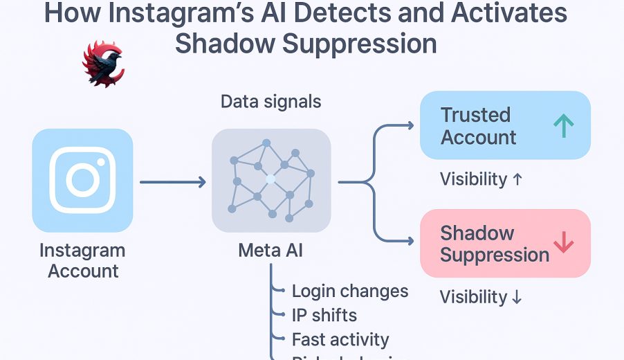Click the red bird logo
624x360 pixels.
[x=102, y=64]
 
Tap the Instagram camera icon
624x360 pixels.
[x=82, y=180]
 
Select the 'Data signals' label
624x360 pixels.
[x=270, y=102]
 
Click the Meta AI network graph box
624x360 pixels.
[x=270, y=180]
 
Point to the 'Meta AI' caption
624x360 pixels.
[x=270, y=251]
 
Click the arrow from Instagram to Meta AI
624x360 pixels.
[x=172, y=182]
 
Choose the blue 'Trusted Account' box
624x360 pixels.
[x=505, y=125]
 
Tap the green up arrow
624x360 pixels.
[x=564, y=125]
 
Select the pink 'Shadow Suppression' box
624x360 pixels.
[x=505, y=244]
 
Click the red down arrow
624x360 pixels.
[x=564, y=242]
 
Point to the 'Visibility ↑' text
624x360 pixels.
[x=481, y=179]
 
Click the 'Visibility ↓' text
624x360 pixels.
[x=481, y=297]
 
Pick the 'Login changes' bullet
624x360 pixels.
[x=350, y=291]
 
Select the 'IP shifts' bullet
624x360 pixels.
[x=324, y=315]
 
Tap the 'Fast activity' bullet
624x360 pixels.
[x=340, y=339]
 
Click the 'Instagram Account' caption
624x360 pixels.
[x=82, y=260]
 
